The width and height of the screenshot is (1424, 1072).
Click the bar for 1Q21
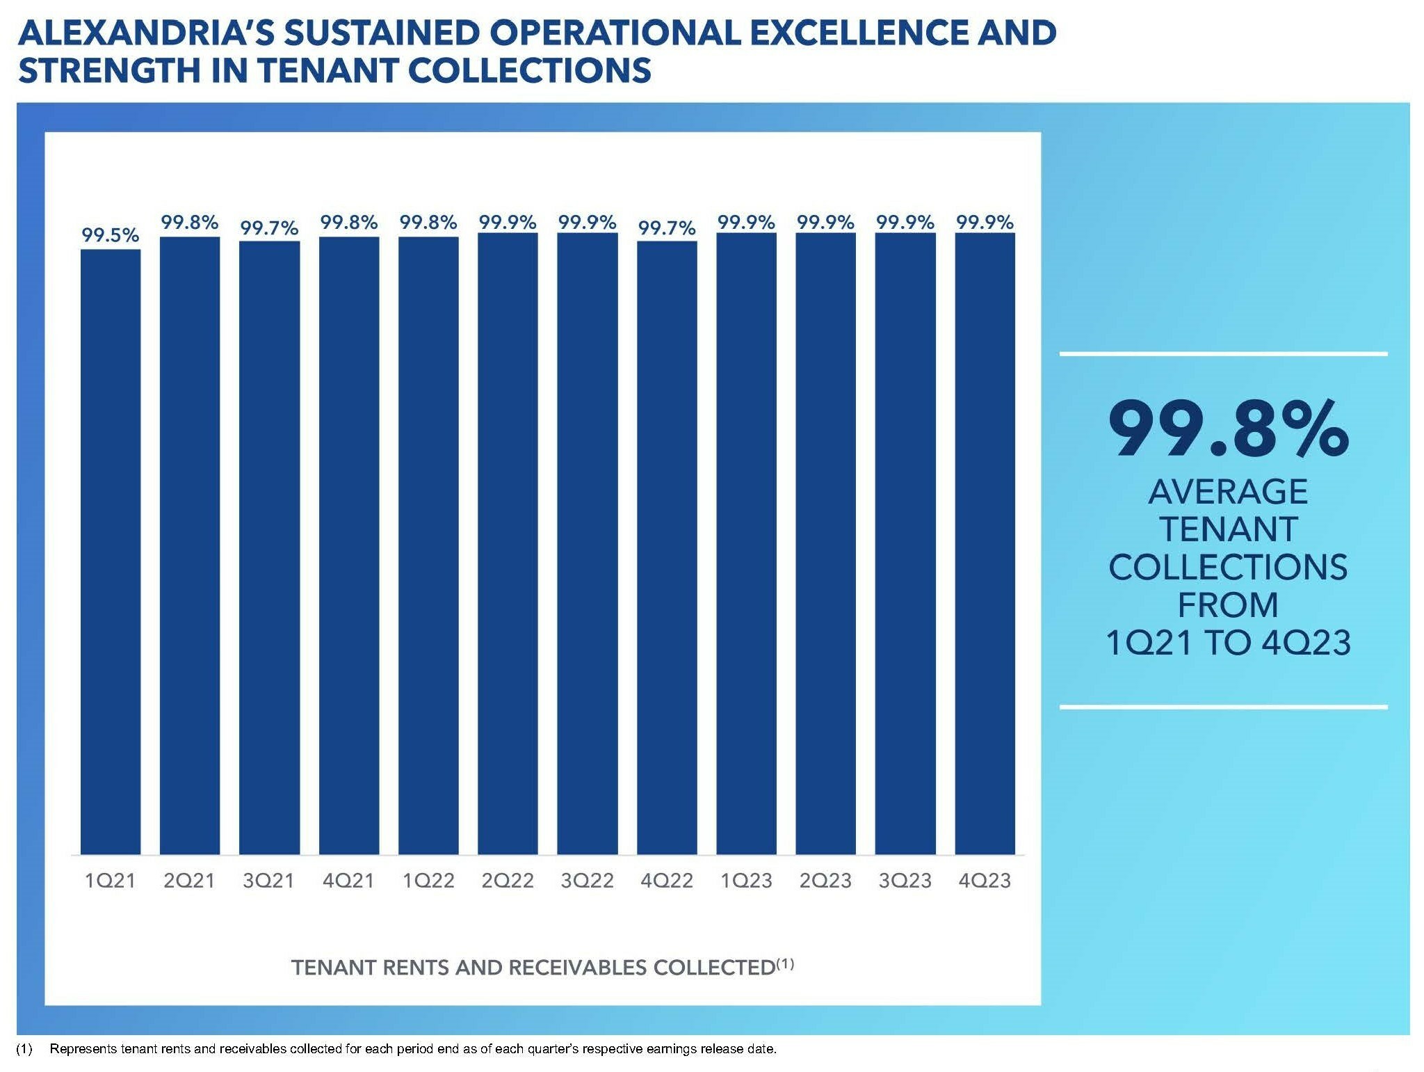[111, 551]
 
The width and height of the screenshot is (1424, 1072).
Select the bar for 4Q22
[667, 547]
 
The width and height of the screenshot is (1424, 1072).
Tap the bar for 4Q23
[985, 543]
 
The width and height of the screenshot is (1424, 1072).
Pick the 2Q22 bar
[508, 543]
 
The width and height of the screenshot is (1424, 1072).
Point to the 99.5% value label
[111, 235]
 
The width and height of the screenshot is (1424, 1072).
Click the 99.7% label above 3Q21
[269, 227]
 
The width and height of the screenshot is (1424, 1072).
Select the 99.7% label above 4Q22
[667, 227]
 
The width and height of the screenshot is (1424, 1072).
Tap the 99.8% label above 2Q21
[190, 223]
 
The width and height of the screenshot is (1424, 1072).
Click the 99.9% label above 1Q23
[746, 223]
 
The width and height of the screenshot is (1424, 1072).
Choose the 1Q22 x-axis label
[428, 881]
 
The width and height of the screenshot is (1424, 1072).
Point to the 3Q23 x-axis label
[905, 881]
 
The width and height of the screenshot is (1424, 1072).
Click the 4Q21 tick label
[348, 881]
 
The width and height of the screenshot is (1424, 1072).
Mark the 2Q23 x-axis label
[825, 881]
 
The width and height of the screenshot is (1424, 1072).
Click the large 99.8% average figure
[1227, 429]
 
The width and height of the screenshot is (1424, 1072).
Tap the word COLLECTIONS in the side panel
[1227, 567]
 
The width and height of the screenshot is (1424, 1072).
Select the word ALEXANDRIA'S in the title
[147, 33]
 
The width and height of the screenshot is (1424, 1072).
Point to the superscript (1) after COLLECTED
[785, 963]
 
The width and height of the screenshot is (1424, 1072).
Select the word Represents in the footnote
[83, 1049]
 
